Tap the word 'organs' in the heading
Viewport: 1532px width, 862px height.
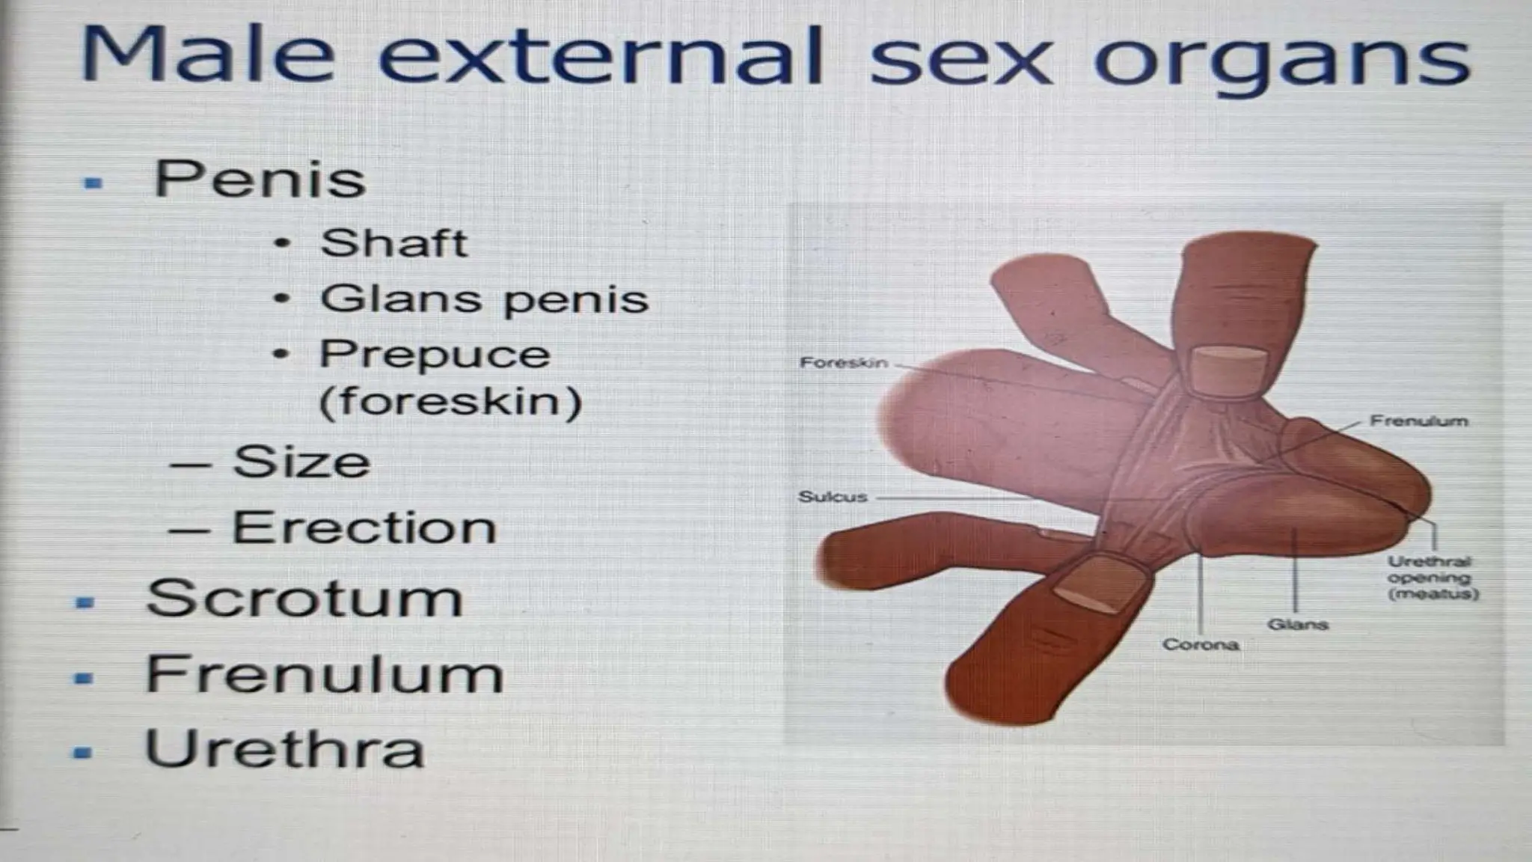[1282, 60]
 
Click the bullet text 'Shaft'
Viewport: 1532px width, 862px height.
[393, 243]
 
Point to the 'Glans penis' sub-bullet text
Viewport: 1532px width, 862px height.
[484, 299]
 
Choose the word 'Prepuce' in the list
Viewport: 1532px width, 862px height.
[435, 354]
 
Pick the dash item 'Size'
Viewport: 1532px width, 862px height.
[301, 462]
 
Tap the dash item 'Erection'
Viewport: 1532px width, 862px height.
[364, 528]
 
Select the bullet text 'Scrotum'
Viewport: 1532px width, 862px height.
[305, 599]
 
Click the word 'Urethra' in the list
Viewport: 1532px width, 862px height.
[284, 748]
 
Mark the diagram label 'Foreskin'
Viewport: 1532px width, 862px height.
[844, 363]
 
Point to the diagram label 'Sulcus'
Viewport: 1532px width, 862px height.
[833, 497]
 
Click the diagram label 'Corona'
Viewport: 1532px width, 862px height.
[1200, 644]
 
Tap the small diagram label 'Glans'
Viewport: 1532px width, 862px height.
[1297, 624]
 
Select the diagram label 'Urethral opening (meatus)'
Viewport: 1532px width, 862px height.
[1432, 578]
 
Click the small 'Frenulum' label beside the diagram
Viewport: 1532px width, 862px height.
[1418, 421]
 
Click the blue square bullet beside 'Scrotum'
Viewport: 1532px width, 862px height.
[86, 602]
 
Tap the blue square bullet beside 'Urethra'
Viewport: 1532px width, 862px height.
[83, 752]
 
